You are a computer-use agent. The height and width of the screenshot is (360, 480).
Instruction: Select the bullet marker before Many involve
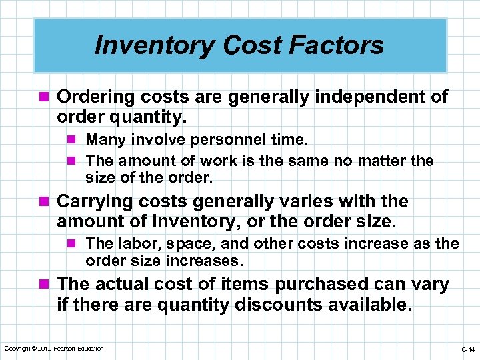click(x=74, y=140)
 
